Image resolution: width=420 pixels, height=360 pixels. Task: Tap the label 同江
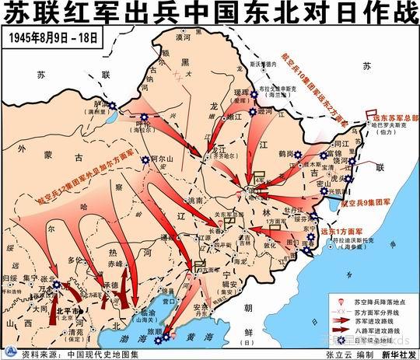(x=340, y=145)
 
